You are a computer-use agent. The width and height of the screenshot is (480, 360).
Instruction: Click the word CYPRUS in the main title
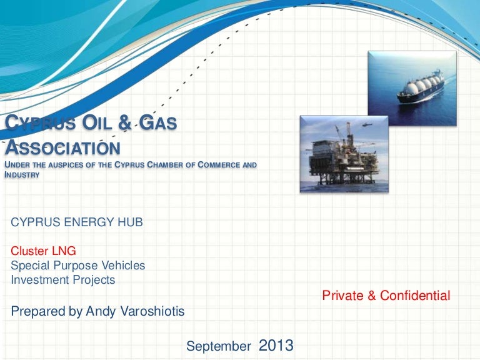point(40,122)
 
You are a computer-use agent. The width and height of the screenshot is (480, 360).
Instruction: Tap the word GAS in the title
point(158,122)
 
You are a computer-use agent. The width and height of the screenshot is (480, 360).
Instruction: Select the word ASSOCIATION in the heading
point(62,147)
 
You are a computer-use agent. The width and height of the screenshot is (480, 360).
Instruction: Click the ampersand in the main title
point(124,122)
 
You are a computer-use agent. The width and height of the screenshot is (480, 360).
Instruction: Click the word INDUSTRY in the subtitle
point(22,175)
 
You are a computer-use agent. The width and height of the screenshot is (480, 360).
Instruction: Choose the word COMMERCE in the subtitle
point(219,165)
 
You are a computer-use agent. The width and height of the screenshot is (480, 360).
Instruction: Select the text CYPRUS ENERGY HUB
point(77,222)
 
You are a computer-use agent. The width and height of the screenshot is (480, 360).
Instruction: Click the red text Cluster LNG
point(43,251)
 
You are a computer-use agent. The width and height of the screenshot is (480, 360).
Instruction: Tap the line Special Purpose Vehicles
point(77,266)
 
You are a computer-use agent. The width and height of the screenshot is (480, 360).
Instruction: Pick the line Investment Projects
point(62,280)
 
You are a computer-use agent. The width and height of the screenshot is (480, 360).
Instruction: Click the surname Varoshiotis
point(152,311)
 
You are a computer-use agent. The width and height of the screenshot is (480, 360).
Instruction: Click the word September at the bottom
point(219,346)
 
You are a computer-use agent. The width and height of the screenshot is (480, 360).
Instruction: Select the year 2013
point(276,345)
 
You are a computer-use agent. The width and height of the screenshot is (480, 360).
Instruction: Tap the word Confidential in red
point(415,296)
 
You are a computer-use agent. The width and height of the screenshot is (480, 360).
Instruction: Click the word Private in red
point(343,296)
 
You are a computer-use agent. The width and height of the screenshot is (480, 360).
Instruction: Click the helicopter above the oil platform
point(367,124)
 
